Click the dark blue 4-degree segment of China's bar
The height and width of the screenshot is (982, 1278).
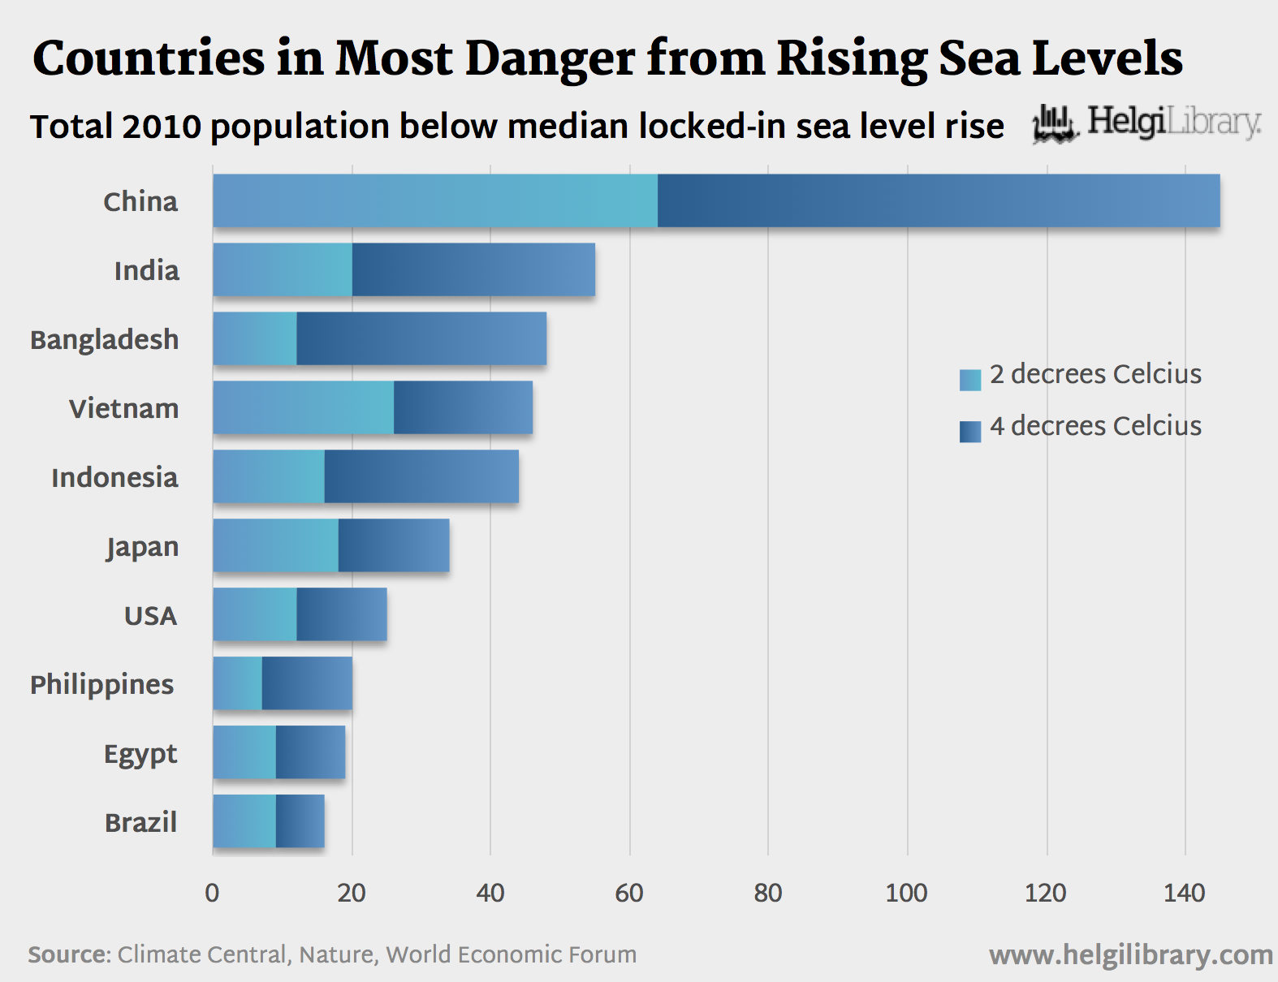(x=938, y=200)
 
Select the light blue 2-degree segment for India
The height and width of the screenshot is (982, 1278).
(x=283, y=269)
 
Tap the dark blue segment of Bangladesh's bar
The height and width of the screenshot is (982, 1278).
(x=421, y=338)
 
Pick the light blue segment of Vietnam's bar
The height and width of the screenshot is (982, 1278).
(x=304, y=407)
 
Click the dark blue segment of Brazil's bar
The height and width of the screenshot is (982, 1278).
(x=300, y=821)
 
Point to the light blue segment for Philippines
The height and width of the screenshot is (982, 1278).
(x=238, y=683)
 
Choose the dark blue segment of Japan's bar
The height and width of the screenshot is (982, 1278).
(x=394, y=545)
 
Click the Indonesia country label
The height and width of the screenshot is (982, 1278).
(x=114, y=477)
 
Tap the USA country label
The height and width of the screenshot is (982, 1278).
(x=150, y=615)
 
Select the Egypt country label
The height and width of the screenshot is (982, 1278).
(x=140, y=754)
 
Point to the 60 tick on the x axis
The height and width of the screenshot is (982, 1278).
(x=629, y=893)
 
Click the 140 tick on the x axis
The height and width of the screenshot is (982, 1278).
(x=1184, y=893)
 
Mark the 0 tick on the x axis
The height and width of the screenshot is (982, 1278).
(x=212, y=893)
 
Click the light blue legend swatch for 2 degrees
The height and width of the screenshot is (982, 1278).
(x=970, y=380)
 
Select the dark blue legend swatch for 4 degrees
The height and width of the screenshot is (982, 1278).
(x=970, y=432)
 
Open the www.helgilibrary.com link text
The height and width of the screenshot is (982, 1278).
(x=1130, y=955)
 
